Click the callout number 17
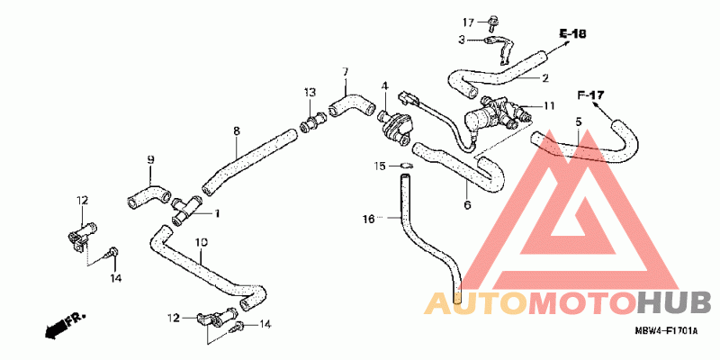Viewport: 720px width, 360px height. (469, 22)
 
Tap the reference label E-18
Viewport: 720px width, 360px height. (571, 34)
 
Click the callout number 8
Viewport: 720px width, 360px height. (236, 131)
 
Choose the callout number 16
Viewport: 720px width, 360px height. (368, 218)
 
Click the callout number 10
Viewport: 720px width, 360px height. (201, 243)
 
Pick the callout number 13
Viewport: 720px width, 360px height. (309, 92)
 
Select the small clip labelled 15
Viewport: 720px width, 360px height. (405, 166)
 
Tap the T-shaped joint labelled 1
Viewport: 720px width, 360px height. (186, 211)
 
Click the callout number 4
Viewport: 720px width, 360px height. (383, 86)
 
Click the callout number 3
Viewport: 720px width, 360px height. (461, 40)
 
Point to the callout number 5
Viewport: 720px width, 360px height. (578, 121)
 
